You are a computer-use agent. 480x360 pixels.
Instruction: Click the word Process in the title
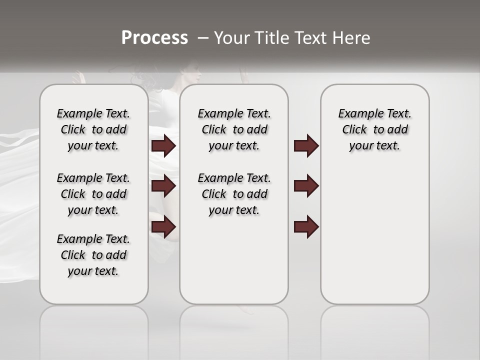(154, 38)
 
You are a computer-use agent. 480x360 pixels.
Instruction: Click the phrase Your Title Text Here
(292, 38)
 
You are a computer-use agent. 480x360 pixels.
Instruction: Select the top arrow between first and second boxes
(163, 145)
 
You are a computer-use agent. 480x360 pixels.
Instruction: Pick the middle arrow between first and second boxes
(163, 186)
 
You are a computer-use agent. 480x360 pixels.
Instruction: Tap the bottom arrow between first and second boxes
(163, 226)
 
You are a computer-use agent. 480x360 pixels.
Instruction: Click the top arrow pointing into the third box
(306, 145)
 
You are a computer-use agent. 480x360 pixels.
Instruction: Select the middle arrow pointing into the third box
(306, 186)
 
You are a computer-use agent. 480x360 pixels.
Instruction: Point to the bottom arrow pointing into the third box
(306, 226)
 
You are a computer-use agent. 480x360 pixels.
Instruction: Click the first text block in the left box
(93, 129)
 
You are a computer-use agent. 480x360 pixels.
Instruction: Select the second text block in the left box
(93, 194)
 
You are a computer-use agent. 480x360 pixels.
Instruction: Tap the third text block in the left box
(93, 255)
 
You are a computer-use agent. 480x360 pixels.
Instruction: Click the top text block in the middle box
(234, 129)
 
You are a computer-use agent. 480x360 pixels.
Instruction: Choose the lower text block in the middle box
(234, 194)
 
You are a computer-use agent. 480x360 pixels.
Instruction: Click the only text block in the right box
(375, 129)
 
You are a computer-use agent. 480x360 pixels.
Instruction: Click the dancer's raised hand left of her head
(76, 77)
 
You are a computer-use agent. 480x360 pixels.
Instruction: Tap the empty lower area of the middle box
(234, 265)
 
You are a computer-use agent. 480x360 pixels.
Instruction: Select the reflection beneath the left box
(94, 325)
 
